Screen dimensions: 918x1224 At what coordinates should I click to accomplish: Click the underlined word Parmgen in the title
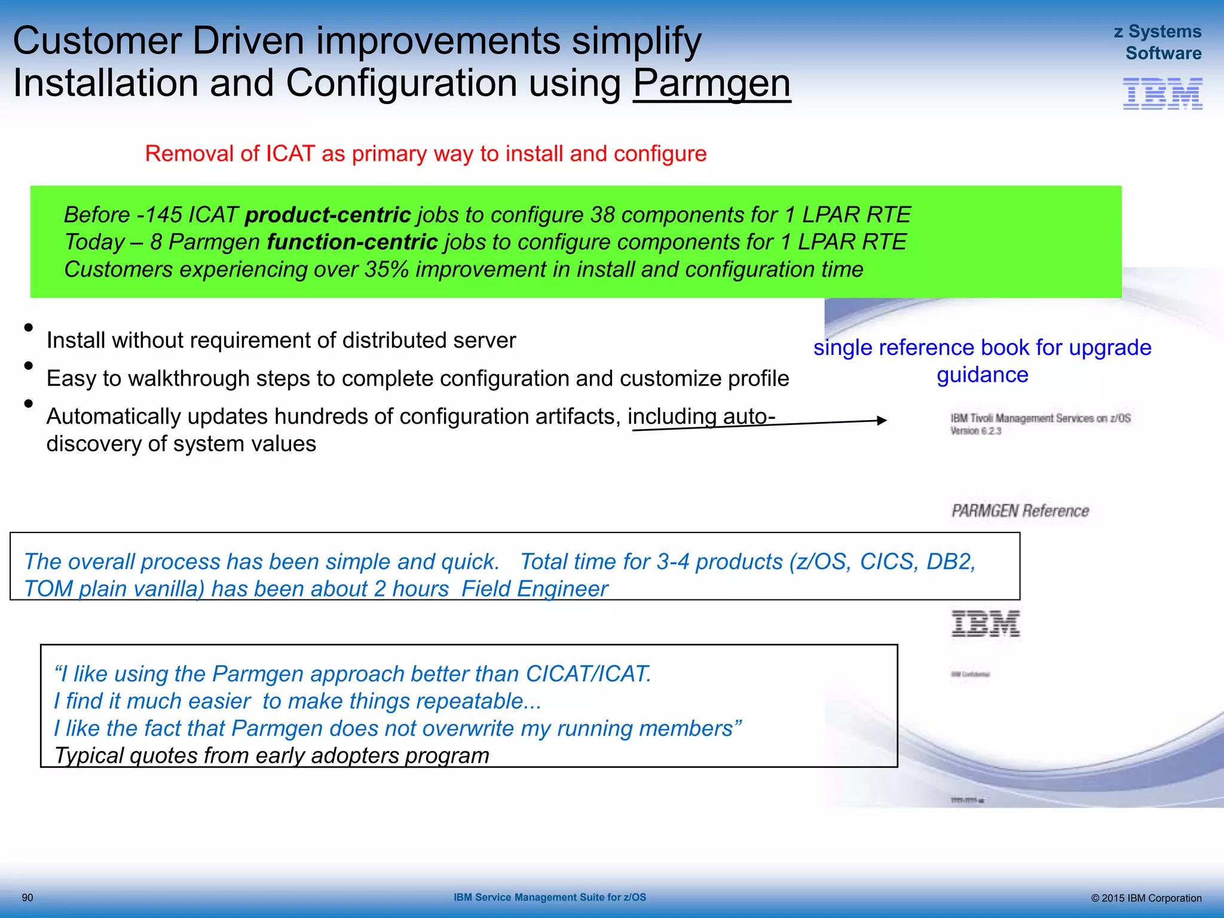tap(711, 83)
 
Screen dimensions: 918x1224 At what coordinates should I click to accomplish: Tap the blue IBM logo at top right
tap(1162, 94)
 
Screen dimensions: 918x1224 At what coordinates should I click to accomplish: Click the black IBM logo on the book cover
tap(985, 624)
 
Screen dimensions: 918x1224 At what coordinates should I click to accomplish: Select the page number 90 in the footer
tap(27, 898)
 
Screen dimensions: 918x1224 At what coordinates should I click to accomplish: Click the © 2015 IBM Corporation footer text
tap(1146, 898)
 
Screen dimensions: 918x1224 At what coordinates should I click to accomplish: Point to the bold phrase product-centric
tap(328, 215)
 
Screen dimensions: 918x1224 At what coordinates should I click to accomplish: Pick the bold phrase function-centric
tap(352, 242)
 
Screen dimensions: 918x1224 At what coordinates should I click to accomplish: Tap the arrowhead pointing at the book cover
tap(882, 420)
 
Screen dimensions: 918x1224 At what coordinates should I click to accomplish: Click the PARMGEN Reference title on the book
tap(1020, 511)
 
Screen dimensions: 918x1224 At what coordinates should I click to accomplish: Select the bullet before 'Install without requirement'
tap(28, 328)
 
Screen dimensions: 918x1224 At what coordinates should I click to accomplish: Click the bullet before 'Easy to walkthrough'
tap(28, 366)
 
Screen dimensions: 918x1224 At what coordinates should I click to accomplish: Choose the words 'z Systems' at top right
tap(1157, 32)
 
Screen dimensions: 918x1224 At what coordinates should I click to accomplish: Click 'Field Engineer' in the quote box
tap(534, 589)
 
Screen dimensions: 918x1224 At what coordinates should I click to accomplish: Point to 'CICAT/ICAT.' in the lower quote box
tap(588, 674)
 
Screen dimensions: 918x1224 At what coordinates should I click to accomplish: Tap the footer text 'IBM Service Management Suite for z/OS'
tap(549, 898)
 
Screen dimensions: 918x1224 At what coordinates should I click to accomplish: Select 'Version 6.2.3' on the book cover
tap(975, 431)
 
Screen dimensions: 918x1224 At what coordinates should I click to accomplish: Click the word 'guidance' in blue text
tap(982, 375)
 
